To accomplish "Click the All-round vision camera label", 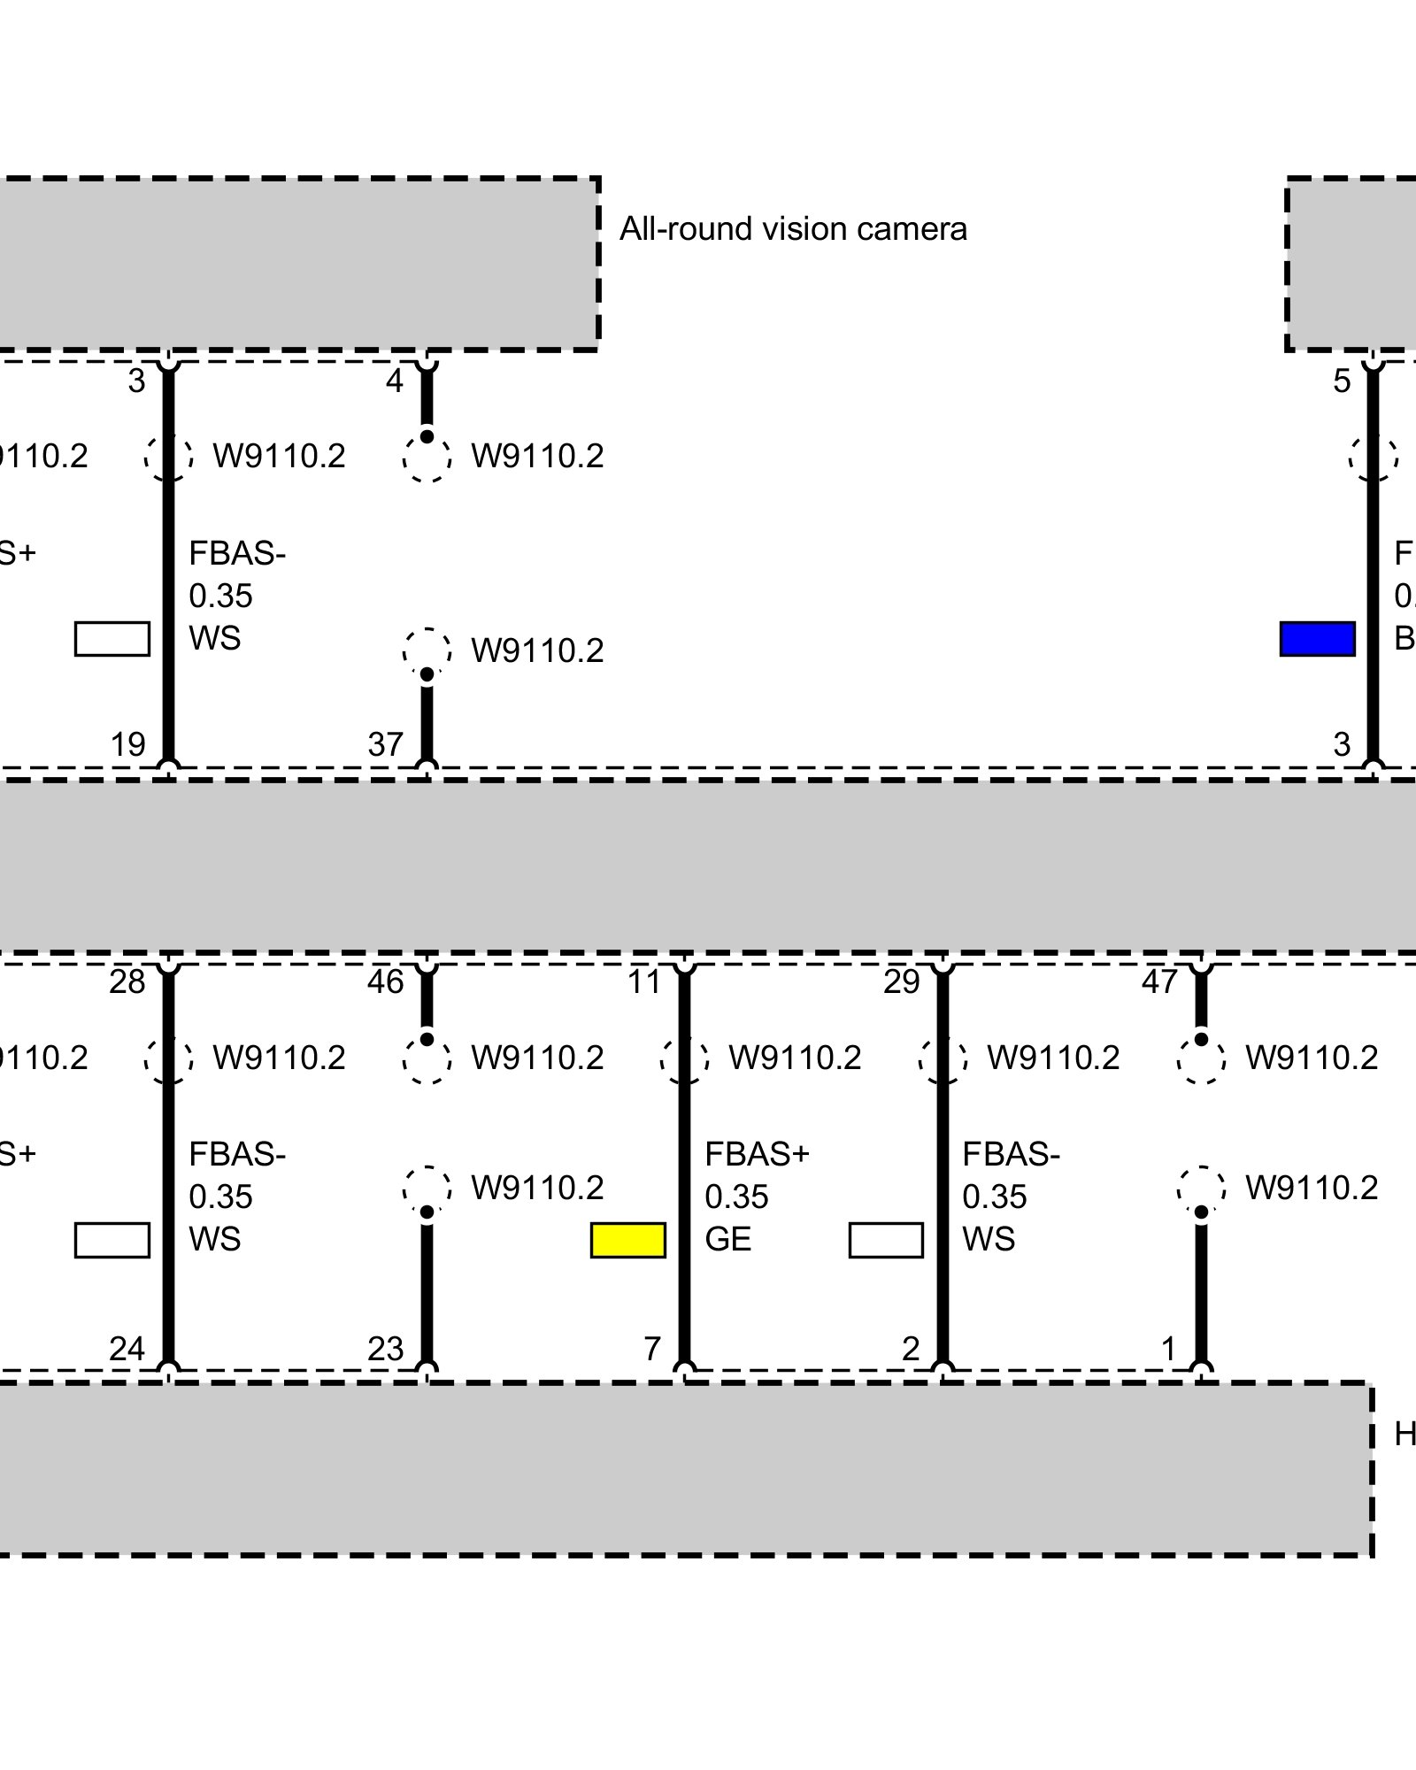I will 793,229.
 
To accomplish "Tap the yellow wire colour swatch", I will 628,1240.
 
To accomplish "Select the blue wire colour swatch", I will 1317,639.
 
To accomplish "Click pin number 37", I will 386,744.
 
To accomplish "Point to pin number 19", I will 128,744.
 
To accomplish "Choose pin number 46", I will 386,981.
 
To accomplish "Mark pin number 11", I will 644,981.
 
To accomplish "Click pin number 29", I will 902,981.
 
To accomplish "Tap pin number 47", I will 1159,981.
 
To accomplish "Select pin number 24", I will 127,1349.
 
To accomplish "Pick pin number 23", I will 386,1349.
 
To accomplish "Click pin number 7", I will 652,1349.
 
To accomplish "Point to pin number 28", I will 127,981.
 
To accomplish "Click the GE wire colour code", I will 727,1239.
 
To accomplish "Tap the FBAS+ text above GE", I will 757,1154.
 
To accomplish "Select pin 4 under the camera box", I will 395,381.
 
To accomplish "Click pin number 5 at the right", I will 1342,381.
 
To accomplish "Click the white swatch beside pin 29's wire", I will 886,1240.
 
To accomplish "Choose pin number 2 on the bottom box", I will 911,1349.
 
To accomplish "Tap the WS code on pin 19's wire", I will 214,638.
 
